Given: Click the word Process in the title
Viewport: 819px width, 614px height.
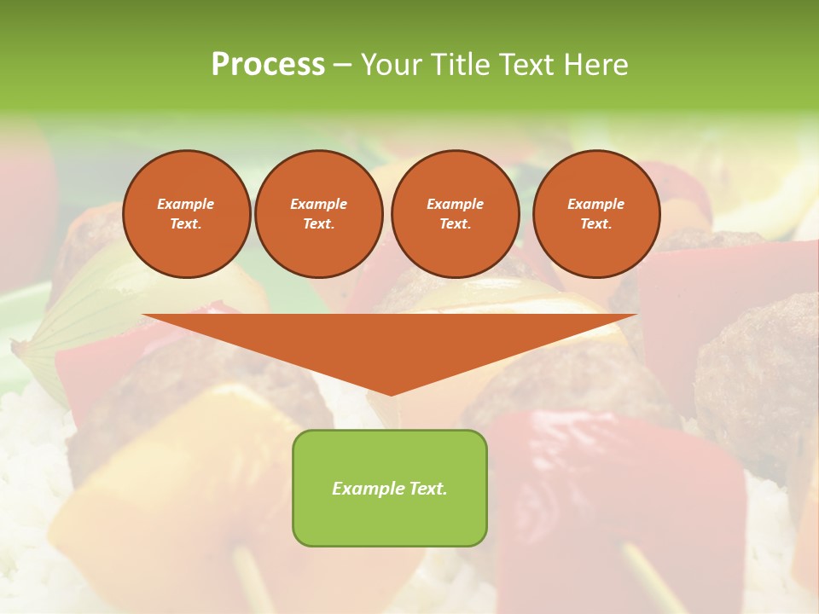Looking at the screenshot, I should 268,65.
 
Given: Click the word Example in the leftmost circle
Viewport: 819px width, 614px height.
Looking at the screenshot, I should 186,204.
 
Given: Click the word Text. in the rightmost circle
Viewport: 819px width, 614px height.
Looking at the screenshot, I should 596,224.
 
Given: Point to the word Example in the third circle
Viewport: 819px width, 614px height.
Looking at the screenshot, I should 455,204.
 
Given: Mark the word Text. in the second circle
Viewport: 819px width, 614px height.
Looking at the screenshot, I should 319,224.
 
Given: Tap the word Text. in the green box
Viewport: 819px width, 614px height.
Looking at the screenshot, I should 427,489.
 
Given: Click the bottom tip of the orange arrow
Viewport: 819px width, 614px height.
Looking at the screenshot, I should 391,393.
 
